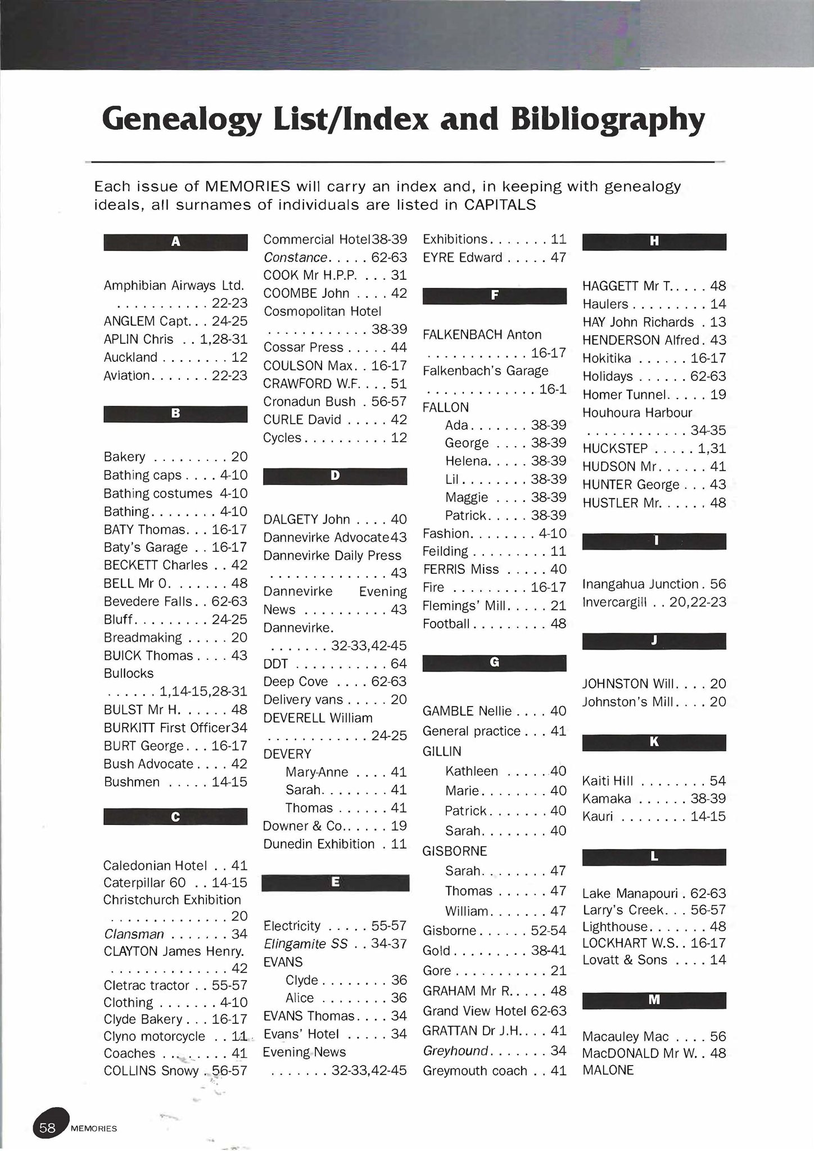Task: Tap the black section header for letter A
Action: click(175, 242)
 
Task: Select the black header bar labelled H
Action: click(654, 242)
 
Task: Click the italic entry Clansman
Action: click(134, 934)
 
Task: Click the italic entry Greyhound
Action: click(455, 1050)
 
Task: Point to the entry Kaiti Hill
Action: click(608, 781)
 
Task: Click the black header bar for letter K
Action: click(654, 742)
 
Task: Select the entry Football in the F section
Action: click(446, 624)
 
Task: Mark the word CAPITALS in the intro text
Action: click(500, 205)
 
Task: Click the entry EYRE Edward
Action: click(462, 257)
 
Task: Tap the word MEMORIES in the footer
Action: click(94, 1129)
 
